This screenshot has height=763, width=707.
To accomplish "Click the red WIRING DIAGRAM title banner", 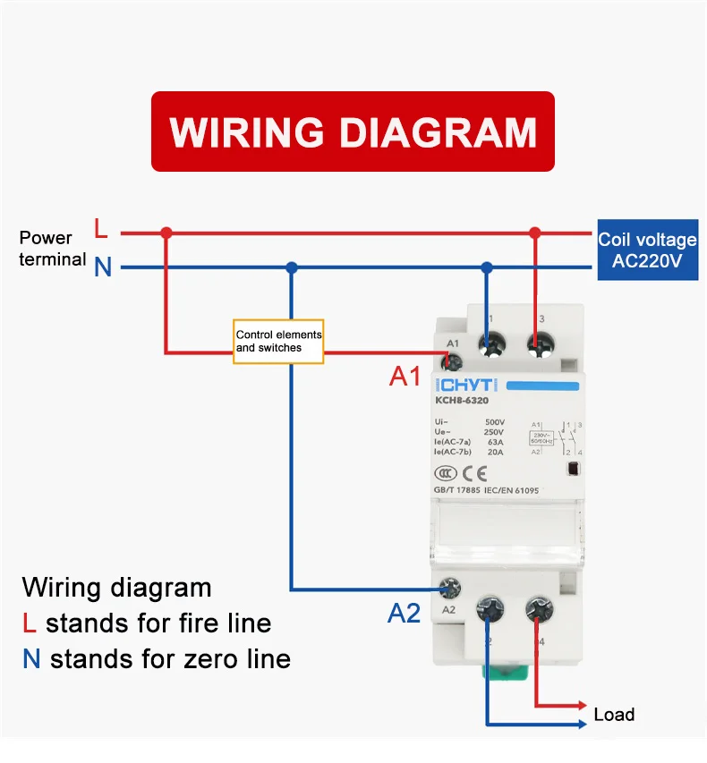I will pyautogui.click(x=353, y=131).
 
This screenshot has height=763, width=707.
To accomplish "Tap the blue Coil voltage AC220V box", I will pyautogui.click(x=647, y=250).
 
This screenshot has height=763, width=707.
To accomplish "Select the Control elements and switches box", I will pyautogui.click(x=278, y=341).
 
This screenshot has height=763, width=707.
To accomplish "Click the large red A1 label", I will pyautogui.click(x=405, y=377).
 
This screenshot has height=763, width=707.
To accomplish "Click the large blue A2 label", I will pyautogui.click(x=404, y=614).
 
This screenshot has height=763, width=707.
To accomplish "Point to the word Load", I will pyautogui.click(x=614, y=715).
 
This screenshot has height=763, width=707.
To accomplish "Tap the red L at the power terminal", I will pyautogui.click(x=101, y=230).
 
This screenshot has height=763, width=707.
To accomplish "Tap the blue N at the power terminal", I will pyautogui.click(x=103, y=267).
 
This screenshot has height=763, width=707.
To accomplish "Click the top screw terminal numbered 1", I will pyautogui.click(x=488, y=344).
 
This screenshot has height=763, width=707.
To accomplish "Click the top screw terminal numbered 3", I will pyautogui.click(x=538, y=344).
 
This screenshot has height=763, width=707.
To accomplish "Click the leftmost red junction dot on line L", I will pyautogui.click(x=166, y=233).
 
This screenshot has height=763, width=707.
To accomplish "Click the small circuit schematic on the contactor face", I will pyautogui.click(x=557, y=439).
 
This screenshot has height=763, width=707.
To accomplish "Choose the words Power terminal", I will pyautogui.click(x=51, y=249).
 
